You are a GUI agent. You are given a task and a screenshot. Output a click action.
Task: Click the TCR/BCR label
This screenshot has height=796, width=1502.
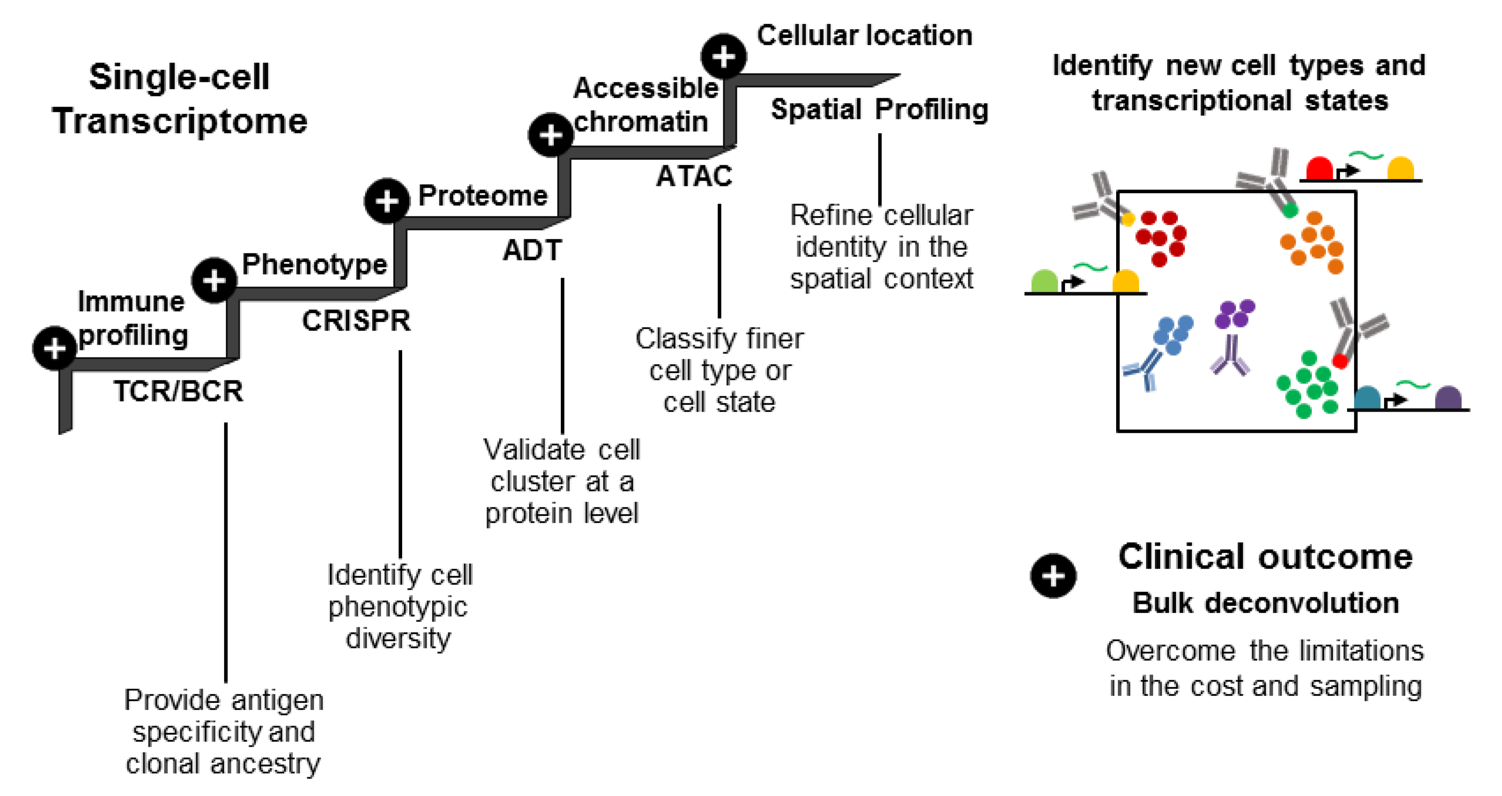[178, 391]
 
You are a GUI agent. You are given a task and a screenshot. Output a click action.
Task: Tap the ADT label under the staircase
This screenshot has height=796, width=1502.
[532, 250]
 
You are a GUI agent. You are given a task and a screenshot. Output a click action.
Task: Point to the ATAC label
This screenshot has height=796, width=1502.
[694, 176]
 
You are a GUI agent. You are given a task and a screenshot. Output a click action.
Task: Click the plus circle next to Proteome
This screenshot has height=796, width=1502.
[386, 201]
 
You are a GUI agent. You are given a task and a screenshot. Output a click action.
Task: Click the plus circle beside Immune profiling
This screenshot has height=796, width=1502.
[55, 348]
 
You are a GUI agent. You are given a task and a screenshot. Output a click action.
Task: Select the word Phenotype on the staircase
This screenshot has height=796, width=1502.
[314, 264]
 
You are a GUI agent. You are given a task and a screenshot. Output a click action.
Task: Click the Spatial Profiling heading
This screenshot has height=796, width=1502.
[879, 109]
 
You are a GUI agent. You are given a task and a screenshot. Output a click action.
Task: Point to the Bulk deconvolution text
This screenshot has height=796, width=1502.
[1265, 603]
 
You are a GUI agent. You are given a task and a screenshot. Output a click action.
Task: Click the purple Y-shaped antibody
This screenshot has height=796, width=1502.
[1230, 356]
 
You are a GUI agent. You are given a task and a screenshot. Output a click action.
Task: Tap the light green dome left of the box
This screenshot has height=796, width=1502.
[1044, 281]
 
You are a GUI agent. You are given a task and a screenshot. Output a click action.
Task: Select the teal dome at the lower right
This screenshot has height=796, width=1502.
[1367, 398]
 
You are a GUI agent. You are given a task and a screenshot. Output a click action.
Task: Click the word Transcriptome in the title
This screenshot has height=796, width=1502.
[180, 121]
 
